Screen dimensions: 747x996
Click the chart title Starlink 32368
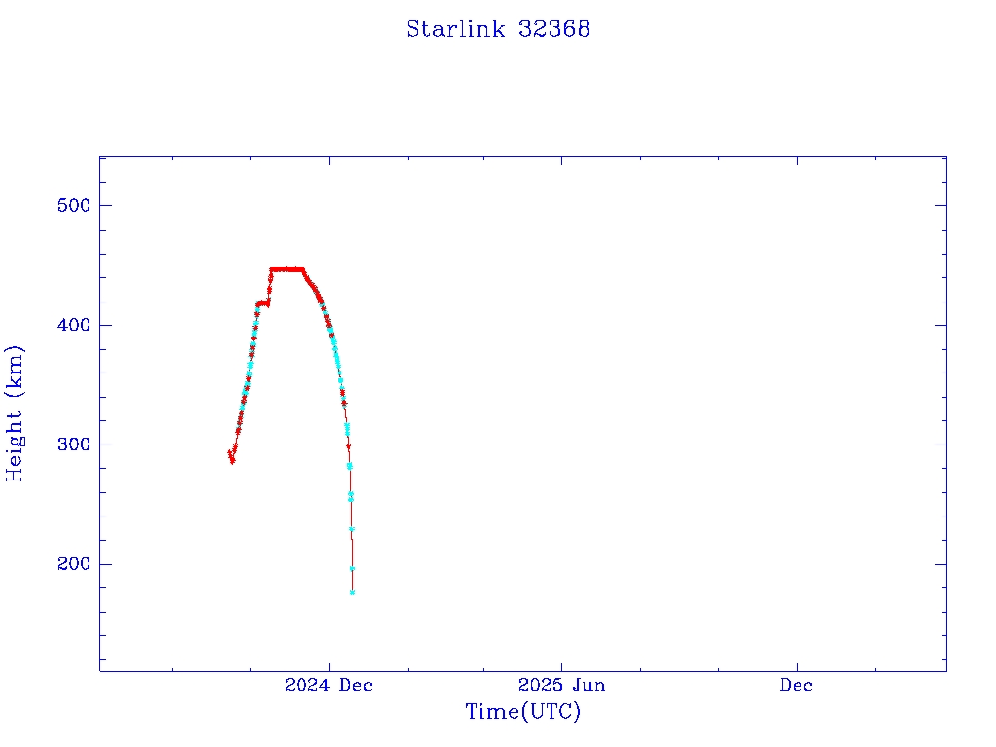tap(498, 29)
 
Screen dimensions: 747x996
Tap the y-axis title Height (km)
tap(15, 412)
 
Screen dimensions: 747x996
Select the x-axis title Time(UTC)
tap(522, 712)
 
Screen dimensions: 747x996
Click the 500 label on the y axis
tap(73, 205)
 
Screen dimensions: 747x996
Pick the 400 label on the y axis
tap(73, 325)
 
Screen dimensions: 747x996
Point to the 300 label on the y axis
tap(73, 445)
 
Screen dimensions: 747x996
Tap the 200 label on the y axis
tap(73, 564)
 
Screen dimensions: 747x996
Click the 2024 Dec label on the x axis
tap(329, 685)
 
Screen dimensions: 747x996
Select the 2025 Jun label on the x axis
tap(561, 685)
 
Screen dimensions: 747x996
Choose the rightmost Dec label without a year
tap(796, 685)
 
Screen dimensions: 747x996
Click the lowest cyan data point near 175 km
tap(352, 592)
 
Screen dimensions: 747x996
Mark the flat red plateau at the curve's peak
tap(287, 268)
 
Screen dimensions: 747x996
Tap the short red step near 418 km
tap(263, 303)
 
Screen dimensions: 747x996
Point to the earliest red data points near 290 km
tap(231, 456)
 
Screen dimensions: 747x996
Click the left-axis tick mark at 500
tap(105, 205)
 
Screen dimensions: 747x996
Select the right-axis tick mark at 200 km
tap(941, 564)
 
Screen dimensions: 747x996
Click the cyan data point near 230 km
tap(351, 529)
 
